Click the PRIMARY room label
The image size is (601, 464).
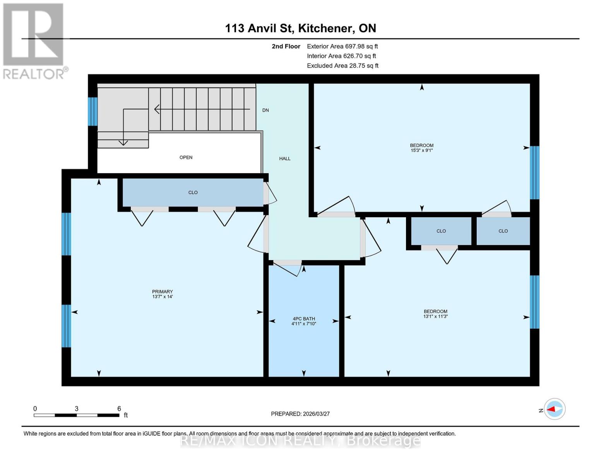coord(162,292)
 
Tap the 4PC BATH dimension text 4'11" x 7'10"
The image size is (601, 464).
coord(304,324)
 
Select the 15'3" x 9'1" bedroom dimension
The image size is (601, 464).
coord(421,150)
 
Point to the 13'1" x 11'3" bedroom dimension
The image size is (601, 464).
coord(435,316)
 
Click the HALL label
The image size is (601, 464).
coord(285,159)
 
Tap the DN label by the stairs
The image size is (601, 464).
coord(265,110)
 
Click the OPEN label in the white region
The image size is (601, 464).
coord(186,157)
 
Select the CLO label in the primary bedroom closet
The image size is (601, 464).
coord(193,192)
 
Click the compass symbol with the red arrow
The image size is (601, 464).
coord(555,409)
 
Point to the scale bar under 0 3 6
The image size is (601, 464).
coord(76,415)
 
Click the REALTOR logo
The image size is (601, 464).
coord(34,41)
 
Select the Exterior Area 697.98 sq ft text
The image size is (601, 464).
coord(342,46)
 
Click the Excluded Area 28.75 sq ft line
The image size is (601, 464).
coord(342,66)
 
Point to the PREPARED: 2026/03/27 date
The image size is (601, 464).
coord(300,414)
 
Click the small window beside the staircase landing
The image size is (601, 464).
coord(92,111)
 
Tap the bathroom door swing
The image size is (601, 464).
coord(288,268)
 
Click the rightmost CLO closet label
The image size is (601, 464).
coord(503,231)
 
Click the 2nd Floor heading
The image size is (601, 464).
coord(286,46)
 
